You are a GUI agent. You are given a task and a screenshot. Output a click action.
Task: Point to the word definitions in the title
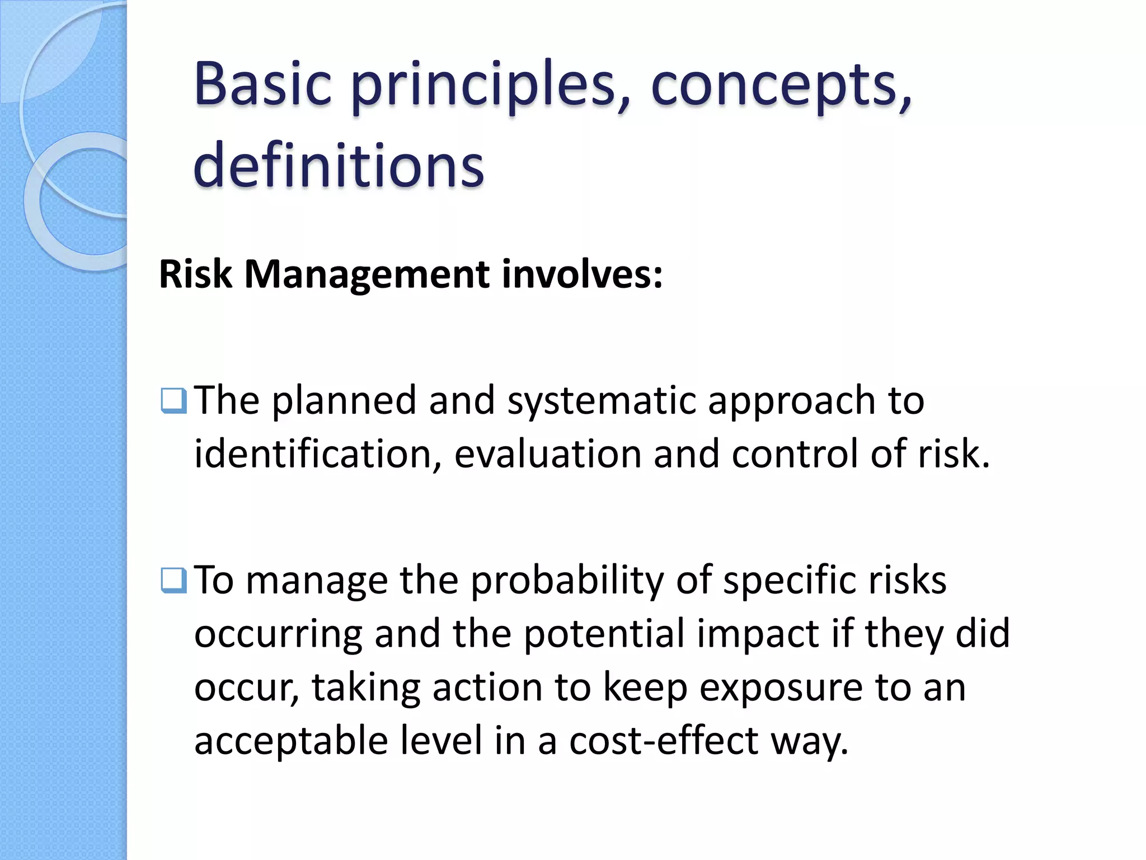click(339, 165)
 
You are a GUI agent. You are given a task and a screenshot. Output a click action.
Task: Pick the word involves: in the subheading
click(582, 274)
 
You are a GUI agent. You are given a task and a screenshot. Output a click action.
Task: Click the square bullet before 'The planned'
click(173, 401)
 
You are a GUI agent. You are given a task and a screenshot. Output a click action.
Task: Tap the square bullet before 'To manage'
click(173, 581)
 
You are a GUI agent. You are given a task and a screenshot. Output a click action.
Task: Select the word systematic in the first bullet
click(601, 402)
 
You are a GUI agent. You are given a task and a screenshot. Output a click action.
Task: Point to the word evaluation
click(548, 454)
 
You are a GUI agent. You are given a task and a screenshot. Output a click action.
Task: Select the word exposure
click(781, 689)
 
